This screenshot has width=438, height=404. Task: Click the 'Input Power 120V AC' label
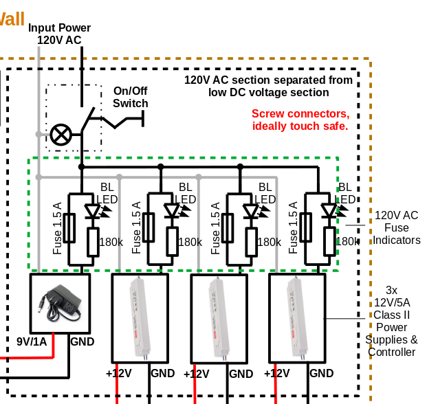[59, 34]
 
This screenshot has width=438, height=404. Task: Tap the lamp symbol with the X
[61, 135]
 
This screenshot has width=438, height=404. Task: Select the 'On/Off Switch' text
[131, 97]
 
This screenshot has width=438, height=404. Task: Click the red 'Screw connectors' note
[300, 120]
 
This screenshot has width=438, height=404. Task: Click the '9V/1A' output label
[32, 342]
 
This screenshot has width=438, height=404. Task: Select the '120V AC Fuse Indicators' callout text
[396, 227]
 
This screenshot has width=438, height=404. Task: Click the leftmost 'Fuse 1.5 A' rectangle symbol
[69, 228]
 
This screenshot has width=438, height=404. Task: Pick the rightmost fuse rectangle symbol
[307, 228]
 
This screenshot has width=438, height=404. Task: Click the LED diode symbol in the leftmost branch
[93, 210]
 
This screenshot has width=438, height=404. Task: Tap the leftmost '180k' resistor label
[111, 242]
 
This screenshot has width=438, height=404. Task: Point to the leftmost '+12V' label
[118, 373]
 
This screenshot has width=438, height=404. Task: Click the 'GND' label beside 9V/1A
[83, 342]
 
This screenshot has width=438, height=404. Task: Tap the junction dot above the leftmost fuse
[81, 167]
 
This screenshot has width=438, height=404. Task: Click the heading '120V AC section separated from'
[268, 80]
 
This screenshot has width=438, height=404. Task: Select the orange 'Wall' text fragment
[12, 18]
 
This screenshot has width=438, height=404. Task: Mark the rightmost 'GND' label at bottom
[321, 373]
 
